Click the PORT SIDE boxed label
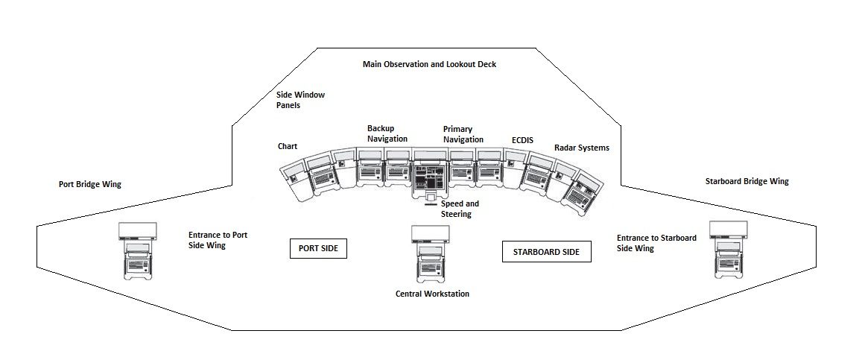pyautogui.click(x=319, y=249)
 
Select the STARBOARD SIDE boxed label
pyautogui.click(x=546, y=252)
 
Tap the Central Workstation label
pyautogui.click(x=432, y=294)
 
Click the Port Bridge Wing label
pyautogui.click(x=89, y=184)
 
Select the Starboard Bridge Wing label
pyautogui.click(x=747, y=181)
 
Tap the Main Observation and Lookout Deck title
pyautogui.click(x=429, y=64)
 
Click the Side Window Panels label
pyautogui.click(x=300, y=100)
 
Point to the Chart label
pyautogui.click(x=288, y=146)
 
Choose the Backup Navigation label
pyautogui.click(x=387, y=133)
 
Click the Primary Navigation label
pyautogui.click(x=463, y=134)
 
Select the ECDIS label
pyautogui.click(x=522, y=139)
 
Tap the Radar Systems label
pyautogui.click(x=581, y=148)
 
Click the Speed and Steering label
pyautogui.click(x=460, y=209)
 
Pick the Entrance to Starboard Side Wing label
pyautogui.click(x=656, y=243)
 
